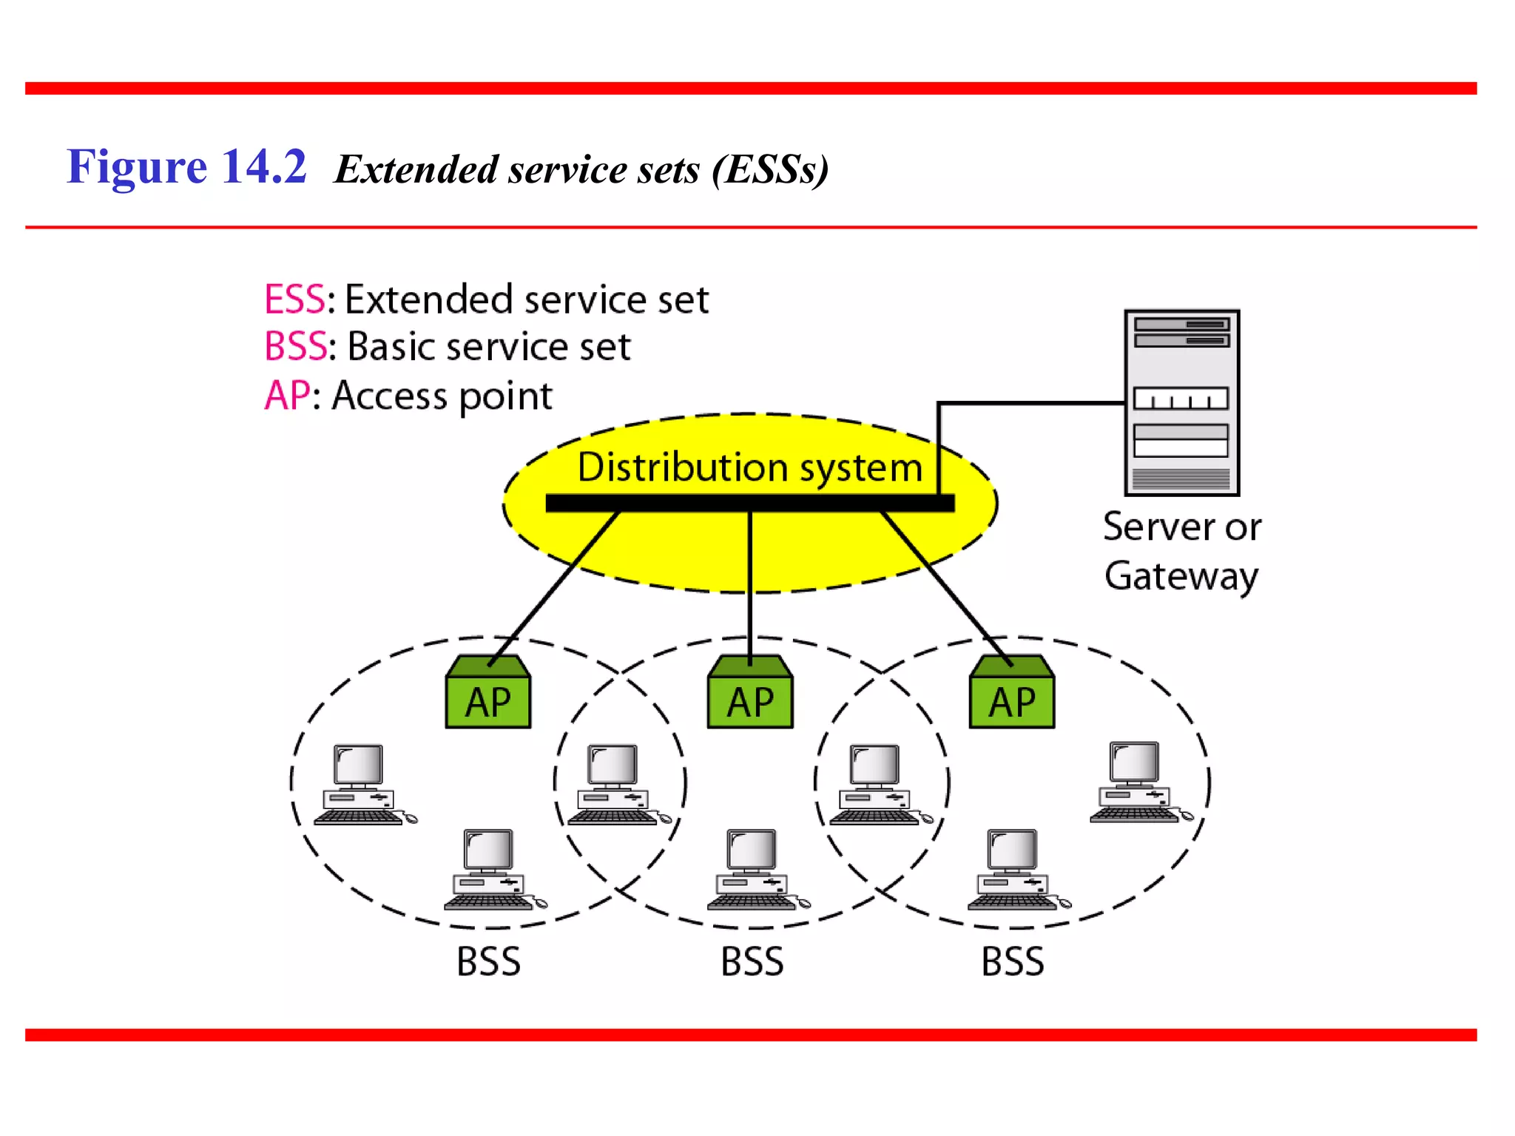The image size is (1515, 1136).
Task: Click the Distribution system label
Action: pos(749,467)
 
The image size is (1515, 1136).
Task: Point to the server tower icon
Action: pos(1181,403)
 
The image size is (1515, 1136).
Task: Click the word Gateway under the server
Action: pos(1181,576)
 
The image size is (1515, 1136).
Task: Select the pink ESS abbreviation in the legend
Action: pos(294,300)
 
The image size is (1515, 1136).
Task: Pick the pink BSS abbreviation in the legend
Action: pos(295,346)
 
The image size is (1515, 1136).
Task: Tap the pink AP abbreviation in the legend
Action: pos(287,395)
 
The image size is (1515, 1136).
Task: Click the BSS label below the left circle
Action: pos(488,961)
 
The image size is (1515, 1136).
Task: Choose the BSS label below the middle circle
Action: pos(752,961)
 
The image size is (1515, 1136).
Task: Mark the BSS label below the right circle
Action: pos(1012,961)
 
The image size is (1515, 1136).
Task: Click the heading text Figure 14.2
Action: pos(186,166)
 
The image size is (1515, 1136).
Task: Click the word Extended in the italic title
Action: pos(416,169)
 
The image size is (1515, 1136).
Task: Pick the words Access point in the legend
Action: pos(442,396)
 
